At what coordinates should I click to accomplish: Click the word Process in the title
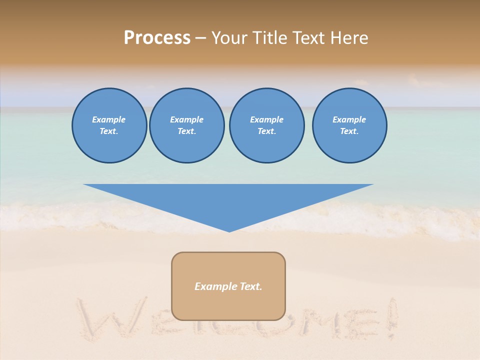pos(157,38)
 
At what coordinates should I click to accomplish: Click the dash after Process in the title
pos(200,39)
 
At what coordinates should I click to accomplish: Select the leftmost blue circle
pos(109,125)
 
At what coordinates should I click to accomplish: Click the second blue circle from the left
pos(186,125)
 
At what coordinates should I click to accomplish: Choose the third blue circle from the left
pos(266,125)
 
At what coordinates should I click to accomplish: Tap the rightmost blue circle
pos(349,125)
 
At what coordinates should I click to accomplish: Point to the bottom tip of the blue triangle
pos(229,230)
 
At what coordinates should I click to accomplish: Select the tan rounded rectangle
pos(228,286)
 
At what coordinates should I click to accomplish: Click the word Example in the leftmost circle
pos(109,119)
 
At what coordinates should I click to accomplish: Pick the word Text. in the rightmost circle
pos(349,131)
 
